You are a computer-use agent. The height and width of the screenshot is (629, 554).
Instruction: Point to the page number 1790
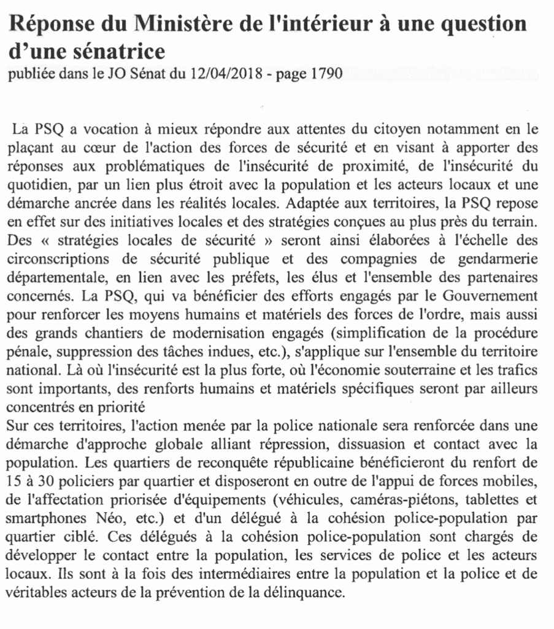point(321,74)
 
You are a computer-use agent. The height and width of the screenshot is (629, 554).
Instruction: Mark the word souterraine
point(425,372)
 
